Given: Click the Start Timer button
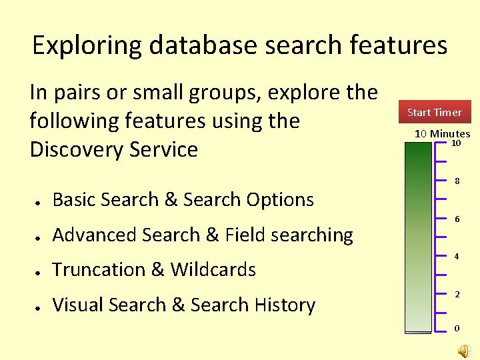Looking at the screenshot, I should (434, 112).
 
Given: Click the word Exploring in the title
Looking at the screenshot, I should (87, 46).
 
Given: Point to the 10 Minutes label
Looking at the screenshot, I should (442, 133).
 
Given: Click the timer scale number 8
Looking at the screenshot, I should (457, 181).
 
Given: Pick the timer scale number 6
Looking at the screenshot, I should (457, 219).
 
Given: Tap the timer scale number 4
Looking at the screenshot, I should (457, 257).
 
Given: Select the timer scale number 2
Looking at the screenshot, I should (457, 294).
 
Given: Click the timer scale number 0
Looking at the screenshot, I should (457, 328).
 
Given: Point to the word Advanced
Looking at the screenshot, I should (93, 235).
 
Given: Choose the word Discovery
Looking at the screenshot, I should (74, 149).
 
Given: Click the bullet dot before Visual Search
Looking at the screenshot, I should (40, 307).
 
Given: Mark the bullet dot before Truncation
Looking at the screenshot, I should (40, 271).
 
